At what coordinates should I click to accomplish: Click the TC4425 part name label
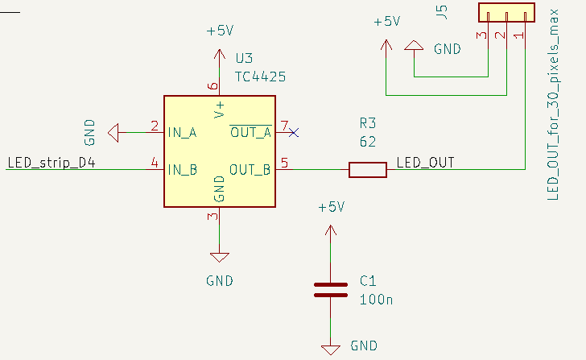click(x=260, y=77)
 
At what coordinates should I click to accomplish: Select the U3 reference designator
click(x=244, y=59)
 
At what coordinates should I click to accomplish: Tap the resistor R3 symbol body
click(x=367, y=169)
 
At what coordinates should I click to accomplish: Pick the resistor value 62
click(x=369, y=141)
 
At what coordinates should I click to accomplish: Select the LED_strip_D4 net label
click(x=52, y=163)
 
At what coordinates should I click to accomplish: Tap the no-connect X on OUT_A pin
click(x=295, y=132)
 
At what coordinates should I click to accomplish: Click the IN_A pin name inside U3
click(x=182, y=132)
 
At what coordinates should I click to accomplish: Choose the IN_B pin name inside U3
click(x=182, y=169)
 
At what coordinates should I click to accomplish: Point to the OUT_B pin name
click(x=250, y=169)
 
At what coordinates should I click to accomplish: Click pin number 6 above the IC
click(x=213, y=86)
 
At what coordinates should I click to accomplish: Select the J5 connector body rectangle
click(x=506, y=13)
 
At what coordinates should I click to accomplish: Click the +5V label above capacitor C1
click(x=330, y=207)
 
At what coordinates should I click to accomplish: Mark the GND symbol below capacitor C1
click(x=330, y=349)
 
